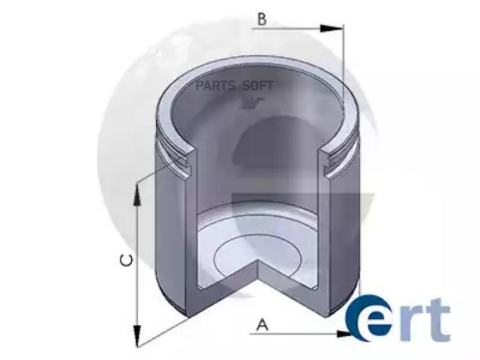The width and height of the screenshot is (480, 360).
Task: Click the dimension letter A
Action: tap(262, 325)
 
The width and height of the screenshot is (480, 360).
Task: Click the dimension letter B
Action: tap(262, 19)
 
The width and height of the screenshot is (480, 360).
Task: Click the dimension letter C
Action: tap(126, 260)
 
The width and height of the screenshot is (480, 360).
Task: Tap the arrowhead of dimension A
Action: tap(343, 334)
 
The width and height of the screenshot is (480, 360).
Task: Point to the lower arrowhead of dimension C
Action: tap(138, 336)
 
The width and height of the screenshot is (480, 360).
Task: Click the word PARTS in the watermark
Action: tap(215, 86)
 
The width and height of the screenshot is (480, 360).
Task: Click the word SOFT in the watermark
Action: tap(258, 86)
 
